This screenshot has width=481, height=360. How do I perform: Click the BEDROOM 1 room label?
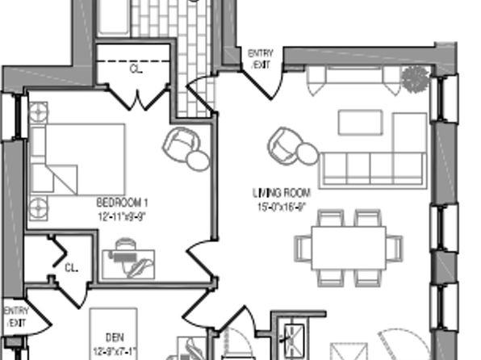[x=123, y=202]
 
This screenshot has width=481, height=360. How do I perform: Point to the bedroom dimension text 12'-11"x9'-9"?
[x=123, y=216]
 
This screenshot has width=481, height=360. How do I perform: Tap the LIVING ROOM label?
[x=281, y=194]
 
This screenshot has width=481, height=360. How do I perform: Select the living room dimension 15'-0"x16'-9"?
[x=281, y=207]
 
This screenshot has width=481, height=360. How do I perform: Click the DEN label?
[x=115, y=337]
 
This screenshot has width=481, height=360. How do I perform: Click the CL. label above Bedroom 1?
[x=136, y=69]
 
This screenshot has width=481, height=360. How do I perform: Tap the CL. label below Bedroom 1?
[x=71, y=267]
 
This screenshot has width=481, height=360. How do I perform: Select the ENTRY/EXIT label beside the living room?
[x=261, y=57]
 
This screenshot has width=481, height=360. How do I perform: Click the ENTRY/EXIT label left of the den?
[x=15, y=316]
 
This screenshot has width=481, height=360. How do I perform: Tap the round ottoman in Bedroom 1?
[x=199, y=160]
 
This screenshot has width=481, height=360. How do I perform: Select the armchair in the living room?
[x=284, y=143]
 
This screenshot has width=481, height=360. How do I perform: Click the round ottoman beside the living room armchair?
[x=306, y=153]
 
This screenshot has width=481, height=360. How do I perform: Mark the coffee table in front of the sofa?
[x=358, y=122]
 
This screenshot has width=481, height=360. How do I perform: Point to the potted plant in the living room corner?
[x=414, y=79]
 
